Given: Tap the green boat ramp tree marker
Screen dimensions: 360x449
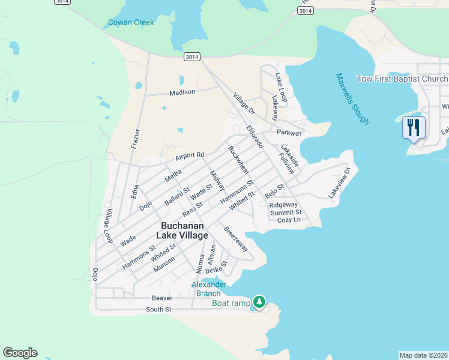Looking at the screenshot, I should (259, 301).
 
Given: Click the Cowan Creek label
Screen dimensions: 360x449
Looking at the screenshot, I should (131, 23).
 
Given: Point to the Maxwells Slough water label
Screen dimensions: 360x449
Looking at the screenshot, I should (352, 99).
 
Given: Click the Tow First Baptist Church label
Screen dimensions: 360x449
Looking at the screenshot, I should (402, 79).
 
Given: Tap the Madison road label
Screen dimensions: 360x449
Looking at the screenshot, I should (182, 92).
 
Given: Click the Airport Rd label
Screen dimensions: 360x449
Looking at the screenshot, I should (190, 156).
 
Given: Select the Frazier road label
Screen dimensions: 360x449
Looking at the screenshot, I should (135, 137).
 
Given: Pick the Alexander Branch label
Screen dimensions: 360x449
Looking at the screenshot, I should (208, 289).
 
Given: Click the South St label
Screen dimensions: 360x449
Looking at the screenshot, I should (159, 310).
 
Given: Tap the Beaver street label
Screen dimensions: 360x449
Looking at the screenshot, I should (162, 298).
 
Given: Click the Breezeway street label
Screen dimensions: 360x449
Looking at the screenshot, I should (236, 238).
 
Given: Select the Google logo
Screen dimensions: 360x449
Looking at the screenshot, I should (20, 353).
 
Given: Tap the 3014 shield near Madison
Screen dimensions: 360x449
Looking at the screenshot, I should (192, 56).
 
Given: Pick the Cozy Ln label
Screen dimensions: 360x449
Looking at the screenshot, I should (289, 220).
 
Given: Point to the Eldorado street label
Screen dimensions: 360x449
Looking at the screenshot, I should (255, 137).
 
